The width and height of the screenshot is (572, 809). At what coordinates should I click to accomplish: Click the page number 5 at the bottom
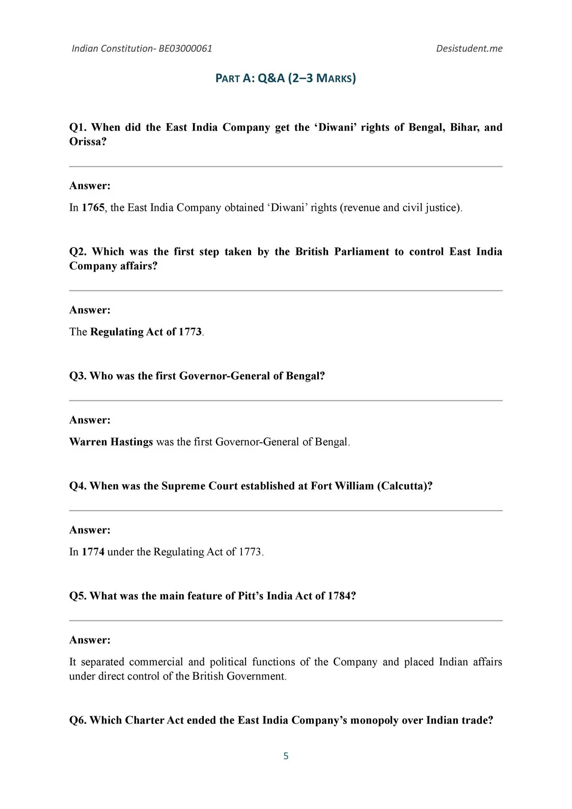pos(286,756)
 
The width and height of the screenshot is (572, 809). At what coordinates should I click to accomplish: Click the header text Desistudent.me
pos(469,48)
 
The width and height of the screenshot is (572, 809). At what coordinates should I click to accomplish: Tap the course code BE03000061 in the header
pos(185,48)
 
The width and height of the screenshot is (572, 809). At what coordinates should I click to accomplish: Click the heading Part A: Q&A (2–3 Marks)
pos(286,78)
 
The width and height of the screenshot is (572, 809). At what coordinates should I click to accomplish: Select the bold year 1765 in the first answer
pos(93,208)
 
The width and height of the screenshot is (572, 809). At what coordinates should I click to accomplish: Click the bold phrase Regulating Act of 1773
pos(146,332)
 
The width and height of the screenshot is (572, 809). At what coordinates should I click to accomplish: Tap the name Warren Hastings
pos(111,442)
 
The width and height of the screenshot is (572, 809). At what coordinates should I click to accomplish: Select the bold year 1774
pos(93,552)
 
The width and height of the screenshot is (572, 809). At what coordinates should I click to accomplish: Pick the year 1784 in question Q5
pos(342,596)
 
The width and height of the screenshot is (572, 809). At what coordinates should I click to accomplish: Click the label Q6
pos(78,721)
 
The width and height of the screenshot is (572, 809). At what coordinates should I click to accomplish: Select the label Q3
pos(78,376)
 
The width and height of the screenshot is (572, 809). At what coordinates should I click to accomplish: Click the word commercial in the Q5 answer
pos(156,662)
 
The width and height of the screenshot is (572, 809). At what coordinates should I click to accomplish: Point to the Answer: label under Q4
pos(90,530)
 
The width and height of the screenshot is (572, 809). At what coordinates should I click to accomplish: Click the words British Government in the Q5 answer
pos(239,676)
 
